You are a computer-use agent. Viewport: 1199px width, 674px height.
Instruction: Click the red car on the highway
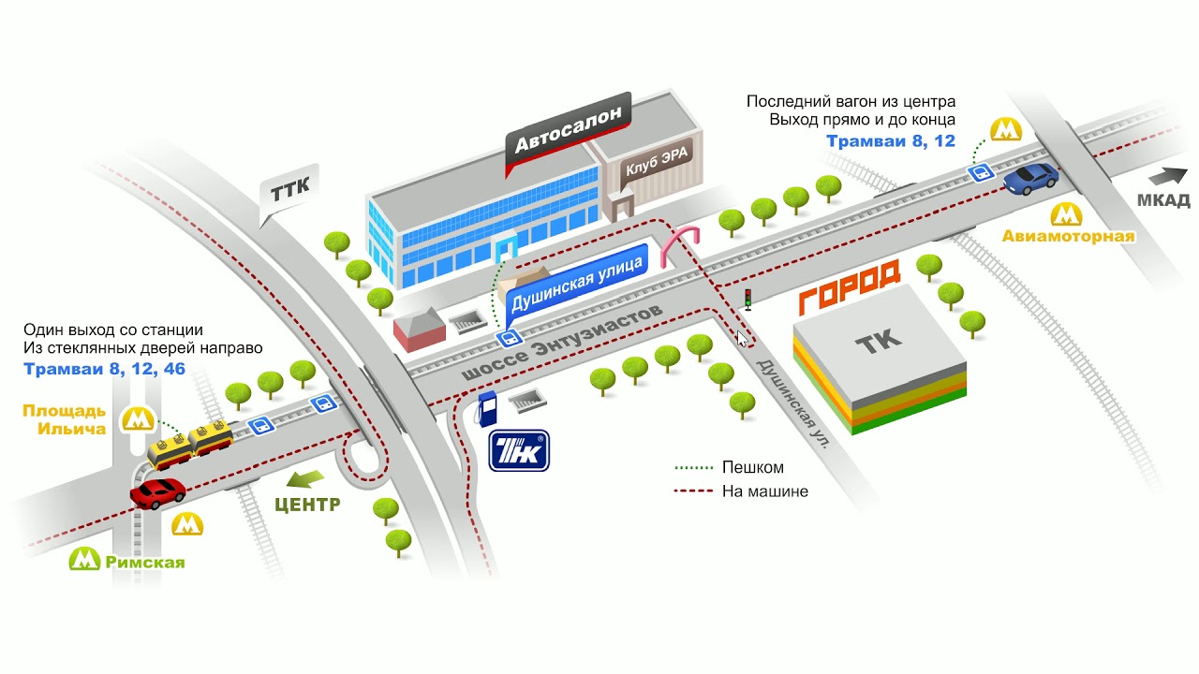tap(157, 492)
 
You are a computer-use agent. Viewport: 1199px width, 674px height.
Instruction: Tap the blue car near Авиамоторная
tap(1030, 178)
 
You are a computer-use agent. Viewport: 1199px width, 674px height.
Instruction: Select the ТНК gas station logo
tap(519, 450)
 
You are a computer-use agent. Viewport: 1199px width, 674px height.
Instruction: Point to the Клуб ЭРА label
tap(657, 160)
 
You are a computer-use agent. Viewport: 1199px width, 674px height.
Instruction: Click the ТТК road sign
tap(289, 192)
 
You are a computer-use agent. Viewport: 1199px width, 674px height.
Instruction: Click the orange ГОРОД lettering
tap(850, 286)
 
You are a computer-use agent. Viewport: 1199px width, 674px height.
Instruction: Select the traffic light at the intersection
tap(748, 300)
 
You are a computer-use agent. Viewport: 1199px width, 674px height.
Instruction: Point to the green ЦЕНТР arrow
tap(305, 479)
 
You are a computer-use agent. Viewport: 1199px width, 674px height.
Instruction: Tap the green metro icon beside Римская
tap(84, 559)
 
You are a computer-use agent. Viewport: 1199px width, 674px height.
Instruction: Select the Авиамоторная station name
tap(1068, 236)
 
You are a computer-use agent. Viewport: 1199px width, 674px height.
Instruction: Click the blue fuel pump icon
tap(486, 409)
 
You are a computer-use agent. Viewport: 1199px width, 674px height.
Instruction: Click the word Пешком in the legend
tap(752, 467)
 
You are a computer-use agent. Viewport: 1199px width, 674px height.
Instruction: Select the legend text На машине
tap(765, 491)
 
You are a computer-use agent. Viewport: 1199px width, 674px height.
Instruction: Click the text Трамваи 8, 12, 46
tap(104, 369)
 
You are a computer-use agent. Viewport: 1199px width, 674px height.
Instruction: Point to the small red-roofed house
tap(419, 329)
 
